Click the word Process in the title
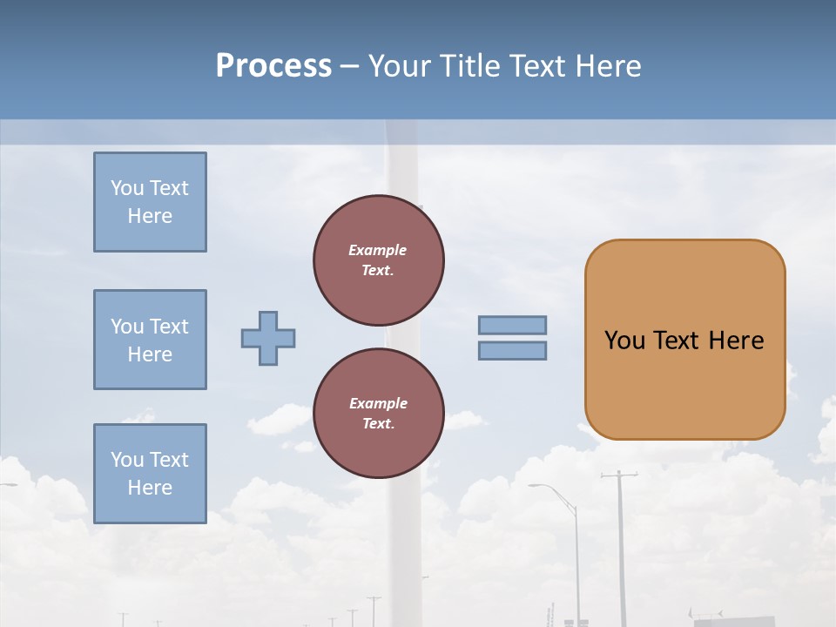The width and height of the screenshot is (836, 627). click(273, 66)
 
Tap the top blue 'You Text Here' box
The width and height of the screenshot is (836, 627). click(150, 202)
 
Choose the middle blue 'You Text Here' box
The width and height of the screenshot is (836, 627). click(150, 340)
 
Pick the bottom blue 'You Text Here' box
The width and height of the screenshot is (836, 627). click(150, 474)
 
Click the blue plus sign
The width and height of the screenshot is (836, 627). click(268, 338)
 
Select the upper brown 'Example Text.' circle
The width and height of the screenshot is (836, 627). click(378, 260)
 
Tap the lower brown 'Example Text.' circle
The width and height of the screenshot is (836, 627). click(378, 414)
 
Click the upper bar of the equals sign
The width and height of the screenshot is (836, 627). click(512, 326)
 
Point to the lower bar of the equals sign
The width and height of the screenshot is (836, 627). click(512, 351)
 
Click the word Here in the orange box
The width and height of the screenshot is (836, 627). click(736, 340)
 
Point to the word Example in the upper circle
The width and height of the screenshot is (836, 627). click(378, 251)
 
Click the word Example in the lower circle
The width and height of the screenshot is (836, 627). click(378, 404)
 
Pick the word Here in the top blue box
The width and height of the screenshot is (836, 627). click(150, 216)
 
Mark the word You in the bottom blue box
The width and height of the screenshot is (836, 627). click(127, 460)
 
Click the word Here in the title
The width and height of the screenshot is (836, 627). click(609, 66)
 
